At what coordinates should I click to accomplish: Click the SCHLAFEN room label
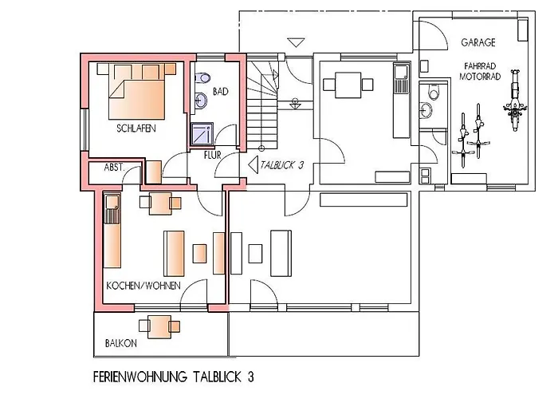pyautogui.click(x=135, y=128)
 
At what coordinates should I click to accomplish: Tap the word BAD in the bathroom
pyautogui.click(x=220, y=92)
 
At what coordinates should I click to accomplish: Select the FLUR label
pyautogui.click(x=213, y=155)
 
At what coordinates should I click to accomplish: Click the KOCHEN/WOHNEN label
pyautogui.click(x=143, y=285)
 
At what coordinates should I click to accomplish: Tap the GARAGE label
pyautogui.click(x=477, y=41)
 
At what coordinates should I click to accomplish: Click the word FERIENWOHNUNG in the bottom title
pyautogui.click(x=139, y=375)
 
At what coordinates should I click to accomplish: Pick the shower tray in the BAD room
pyautogui.click(x=201, y=133)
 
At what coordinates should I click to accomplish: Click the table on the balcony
pyautogui.click(x=156, y=326)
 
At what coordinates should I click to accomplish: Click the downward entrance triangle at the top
pyautogui.click(x=297, y=42)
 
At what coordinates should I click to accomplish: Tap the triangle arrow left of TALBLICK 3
pyautogui.click(x=253, y=166)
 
